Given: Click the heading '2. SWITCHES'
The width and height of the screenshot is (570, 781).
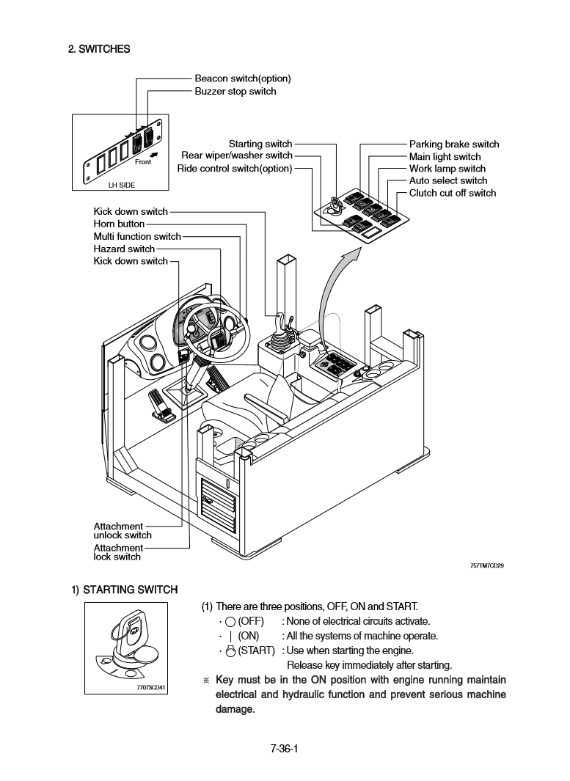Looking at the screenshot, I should (x=99, y=49).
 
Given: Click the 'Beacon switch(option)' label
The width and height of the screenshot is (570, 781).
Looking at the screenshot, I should (x=242, y=78).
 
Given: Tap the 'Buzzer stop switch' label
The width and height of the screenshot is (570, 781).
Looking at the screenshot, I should (x=235, y=91).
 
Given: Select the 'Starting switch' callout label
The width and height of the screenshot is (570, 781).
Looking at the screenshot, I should (x=260, y=144).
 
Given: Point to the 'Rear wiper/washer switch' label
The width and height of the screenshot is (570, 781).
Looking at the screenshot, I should (x=236, y=155).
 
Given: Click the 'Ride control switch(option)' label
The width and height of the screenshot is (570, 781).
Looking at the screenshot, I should (x=234, y=168).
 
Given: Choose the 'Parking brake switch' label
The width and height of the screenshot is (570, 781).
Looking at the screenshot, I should (x=453, y=144).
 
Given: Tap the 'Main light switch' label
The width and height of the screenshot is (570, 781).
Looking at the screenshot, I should (x=445, y=156).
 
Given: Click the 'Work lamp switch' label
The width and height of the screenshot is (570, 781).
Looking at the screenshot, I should (x=447, y=169).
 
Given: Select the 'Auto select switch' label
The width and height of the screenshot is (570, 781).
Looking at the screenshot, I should (x=447, y=180).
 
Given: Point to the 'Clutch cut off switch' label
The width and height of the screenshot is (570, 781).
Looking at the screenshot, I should (x=452, y=193).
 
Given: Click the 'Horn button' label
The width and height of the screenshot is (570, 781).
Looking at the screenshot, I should (x=119, y=224).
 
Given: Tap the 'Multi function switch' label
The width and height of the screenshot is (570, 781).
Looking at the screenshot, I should (x=136, y=236).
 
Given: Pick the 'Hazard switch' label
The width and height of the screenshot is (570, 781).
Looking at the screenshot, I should (x=124, y=249).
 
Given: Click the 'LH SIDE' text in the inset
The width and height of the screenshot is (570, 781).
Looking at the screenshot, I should (x=122, y=185).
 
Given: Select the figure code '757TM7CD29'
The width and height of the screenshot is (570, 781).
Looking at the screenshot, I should (x=486, y=565).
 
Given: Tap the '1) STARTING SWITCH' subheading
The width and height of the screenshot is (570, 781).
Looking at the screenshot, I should (x=124, y=589).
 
